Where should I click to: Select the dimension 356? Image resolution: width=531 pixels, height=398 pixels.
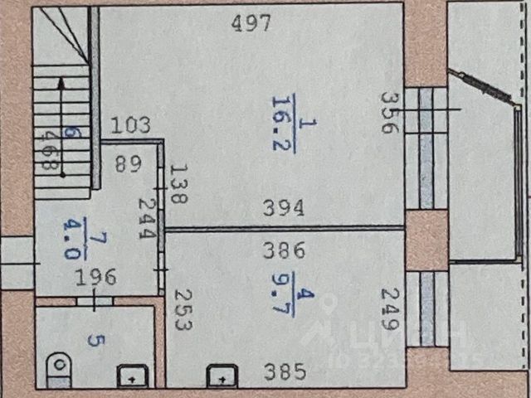(x=387, y=112)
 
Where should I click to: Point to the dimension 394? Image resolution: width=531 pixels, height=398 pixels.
(x=284, y=207)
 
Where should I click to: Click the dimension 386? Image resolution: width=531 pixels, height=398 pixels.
(x=284, y=248)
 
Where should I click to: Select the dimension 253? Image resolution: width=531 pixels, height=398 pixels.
(x=183, y=309)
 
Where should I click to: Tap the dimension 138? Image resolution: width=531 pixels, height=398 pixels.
(x=176, y=184)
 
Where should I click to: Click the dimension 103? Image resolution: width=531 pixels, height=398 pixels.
(x=130, y=126)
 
